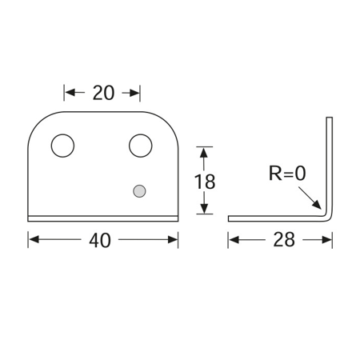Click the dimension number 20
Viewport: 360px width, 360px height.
[103, 93]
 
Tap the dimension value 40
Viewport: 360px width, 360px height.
[100, 240]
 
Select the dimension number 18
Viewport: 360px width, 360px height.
[205, 182]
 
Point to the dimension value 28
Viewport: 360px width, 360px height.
[284, 239]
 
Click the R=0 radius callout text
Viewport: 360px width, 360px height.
[287, 174]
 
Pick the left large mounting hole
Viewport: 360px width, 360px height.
[62, 146]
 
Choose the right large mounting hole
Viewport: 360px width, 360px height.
[141, 146]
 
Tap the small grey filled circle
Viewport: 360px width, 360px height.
[139, 191]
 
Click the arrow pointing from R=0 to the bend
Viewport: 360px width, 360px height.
[310, 198]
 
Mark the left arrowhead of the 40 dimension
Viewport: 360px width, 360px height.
[34, 239]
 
